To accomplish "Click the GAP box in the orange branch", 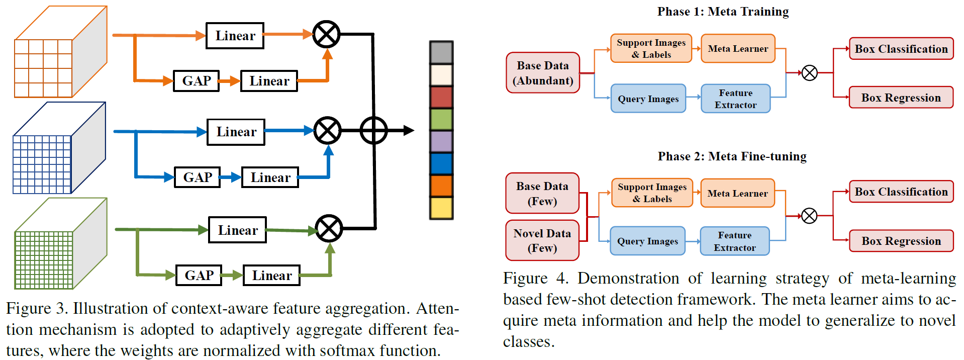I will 196,81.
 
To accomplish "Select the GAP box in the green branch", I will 199,276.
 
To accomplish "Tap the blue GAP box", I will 197,177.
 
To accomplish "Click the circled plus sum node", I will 373,131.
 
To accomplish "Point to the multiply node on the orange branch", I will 327,35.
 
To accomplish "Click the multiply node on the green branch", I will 329,229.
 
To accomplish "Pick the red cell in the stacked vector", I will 441,97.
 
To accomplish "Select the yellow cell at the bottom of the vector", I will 441,208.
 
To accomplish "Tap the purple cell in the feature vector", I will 441,141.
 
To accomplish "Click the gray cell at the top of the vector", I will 441,52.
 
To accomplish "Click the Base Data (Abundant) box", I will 543,73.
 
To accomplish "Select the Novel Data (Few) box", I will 542,240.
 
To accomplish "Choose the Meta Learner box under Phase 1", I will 738,49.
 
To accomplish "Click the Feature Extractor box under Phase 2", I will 734,241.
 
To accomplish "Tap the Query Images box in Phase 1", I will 648,99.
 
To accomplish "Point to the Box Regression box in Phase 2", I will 901,241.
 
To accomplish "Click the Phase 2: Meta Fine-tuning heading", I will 732,156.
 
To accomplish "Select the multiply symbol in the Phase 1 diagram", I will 809,73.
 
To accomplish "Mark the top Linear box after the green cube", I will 237,230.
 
